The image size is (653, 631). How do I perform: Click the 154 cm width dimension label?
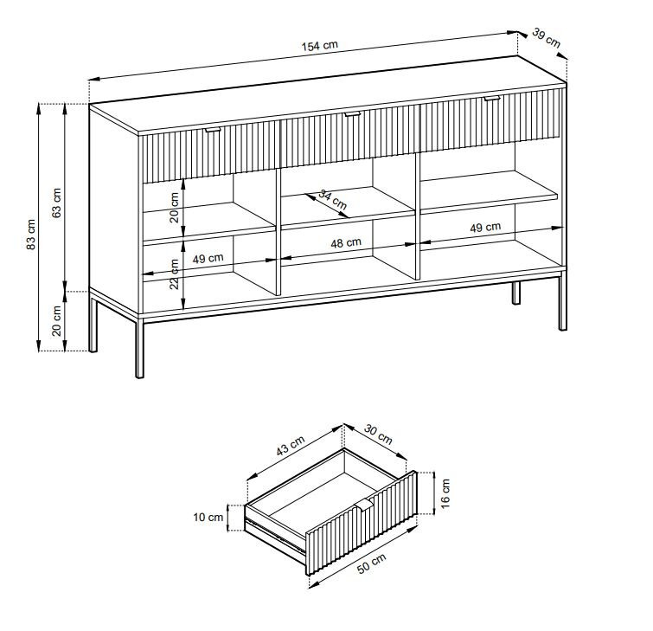(319, 45)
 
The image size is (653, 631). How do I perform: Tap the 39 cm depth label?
(547, 37)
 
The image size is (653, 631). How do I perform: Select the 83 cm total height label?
(30, 235)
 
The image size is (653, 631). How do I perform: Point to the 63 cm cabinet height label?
(56, 203)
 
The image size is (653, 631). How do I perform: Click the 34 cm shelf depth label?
(333, 199)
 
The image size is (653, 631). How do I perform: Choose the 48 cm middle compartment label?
(346, 242)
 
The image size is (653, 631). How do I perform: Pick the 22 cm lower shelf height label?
(175, 274)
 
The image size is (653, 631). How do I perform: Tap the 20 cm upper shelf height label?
(174, 207)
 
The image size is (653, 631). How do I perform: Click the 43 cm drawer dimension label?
(291, 445)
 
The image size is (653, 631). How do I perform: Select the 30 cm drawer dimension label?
(378, 434)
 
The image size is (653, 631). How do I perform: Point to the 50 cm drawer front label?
(372, 563)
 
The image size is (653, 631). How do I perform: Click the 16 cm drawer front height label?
(445, 493)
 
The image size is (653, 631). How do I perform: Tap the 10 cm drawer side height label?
(208, 518)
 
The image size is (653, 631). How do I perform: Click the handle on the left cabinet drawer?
(214, 131)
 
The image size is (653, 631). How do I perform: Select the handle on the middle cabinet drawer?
(352, 114)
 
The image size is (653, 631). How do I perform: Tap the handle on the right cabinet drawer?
(492, 99)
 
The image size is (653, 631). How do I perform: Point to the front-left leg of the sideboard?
(139, 348)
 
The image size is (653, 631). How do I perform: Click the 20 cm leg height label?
(56, 321)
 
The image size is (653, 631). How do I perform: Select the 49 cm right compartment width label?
(485, 228)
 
